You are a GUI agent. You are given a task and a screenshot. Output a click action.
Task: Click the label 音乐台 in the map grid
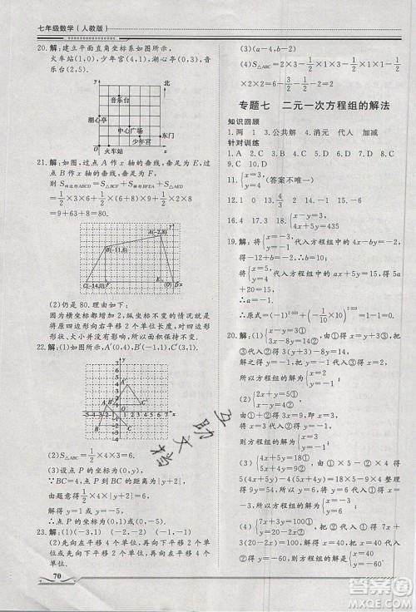120,98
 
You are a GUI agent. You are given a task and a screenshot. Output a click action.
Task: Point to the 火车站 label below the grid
114,151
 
